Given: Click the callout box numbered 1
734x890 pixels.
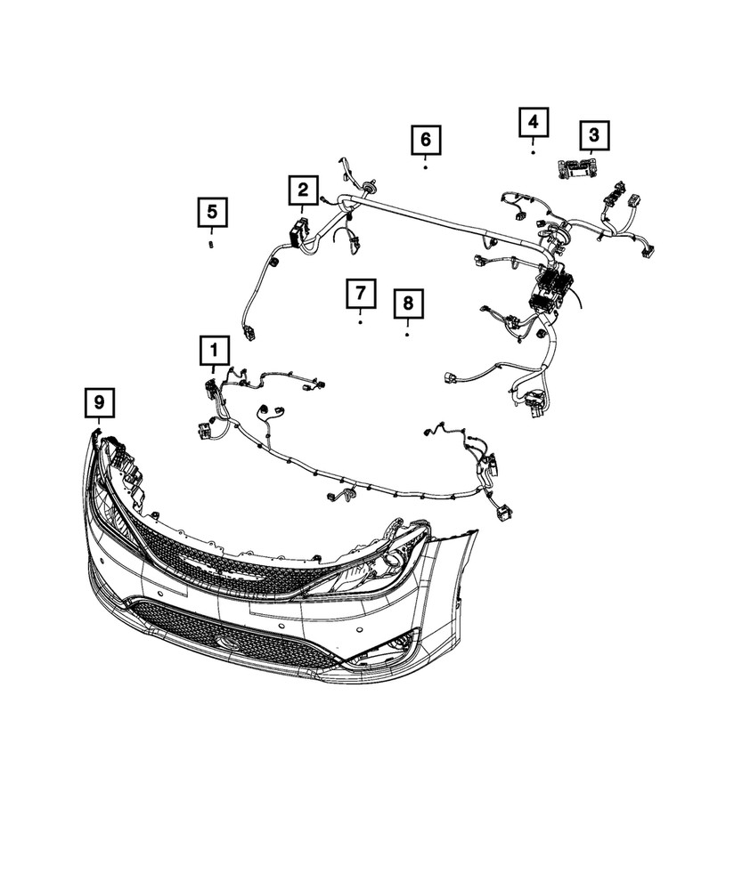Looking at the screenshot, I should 214,352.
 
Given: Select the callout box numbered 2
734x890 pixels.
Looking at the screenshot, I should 303,190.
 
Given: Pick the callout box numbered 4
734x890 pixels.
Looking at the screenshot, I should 533,123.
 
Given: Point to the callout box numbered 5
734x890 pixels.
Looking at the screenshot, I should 212,214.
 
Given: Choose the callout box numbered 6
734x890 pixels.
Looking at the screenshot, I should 426,140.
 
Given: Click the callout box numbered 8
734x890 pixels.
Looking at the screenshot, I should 407,304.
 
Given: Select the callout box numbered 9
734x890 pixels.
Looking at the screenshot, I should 99,403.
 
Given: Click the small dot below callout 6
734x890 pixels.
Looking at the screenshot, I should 426,166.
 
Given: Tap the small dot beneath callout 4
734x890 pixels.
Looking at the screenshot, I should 533,152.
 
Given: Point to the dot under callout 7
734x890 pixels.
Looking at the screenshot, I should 361,322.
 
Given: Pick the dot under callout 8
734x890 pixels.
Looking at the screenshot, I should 407,336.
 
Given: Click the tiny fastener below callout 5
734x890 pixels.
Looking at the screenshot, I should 212,243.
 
